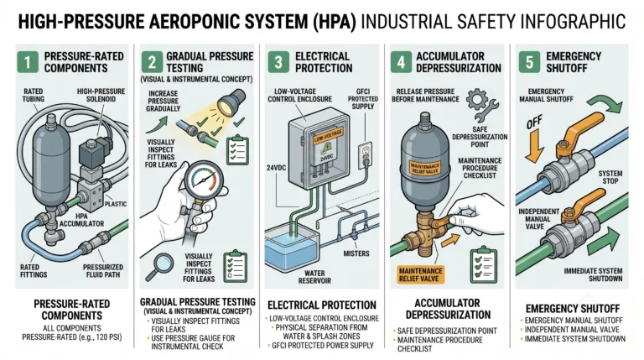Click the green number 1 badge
(28, 62)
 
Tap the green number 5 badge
(529, 62)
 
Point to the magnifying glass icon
(161, 263)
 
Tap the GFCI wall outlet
(365, 155)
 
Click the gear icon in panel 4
(477, 99)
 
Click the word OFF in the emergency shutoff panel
(534, 122)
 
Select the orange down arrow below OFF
(534, 147)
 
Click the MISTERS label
(356, 253)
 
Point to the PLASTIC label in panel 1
(116, 204)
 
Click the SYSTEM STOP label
(610, 177)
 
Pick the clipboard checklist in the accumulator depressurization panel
(484, 264)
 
